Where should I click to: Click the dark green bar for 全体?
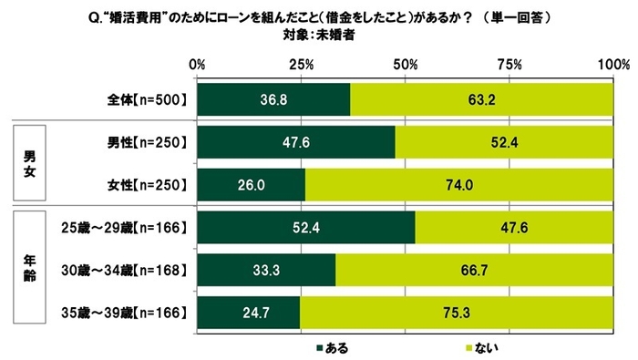tap(273, 98)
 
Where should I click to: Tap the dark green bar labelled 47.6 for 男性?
tap(295, 142)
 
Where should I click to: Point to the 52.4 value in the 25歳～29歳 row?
tap(304, 228)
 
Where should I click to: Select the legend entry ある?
tap(333, 347)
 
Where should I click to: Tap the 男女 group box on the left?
tap(31, 162)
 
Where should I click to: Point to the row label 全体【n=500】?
tap(147, 98)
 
